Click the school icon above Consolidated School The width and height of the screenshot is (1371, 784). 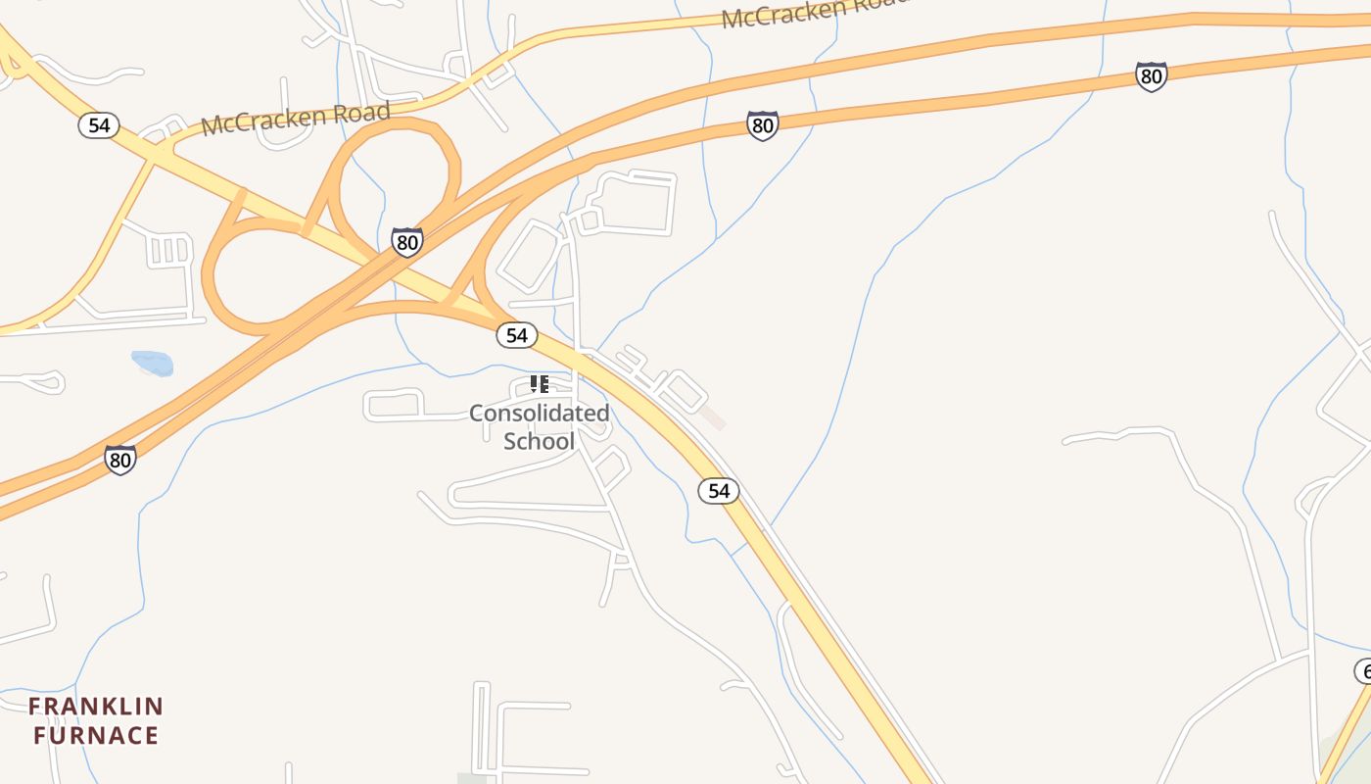click(x=539, y=383)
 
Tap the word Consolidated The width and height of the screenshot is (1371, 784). click(x=539, y=413)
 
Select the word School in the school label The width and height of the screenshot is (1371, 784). click(x=539, y=441)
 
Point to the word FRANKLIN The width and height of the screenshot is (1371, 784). click(x=95, y=707)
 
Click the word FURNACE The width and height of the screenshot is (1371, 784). click(x=95, y=735)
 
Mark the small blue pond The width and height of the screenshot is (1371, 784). click(x=153, y=364)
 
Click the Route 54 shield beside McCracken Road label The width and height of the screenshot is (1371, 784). click(x=99, y=125)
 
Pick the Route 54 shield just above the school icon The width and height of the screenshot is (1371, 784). click(x=516, y=335)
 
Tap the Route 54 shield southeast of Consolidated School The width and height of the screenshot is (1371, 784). click(x=719, y=490)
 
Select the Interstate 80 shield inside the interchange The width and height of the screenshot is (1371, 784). click(x=406, y=242)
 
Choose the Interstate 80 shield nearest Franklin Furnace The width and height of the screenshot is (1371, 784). click(x=120, y=459)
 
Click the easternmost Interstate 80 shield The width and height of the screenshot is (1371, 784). click(x=1152, y=76)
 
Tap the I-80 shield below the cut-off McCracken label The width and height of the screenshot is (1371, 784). click(x=762, y=124)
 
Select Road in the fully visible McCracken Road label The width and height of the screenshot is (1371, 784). click(x=365, y=111)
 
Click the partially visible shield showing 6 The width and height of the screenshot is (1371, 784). click(x=1363, y=671)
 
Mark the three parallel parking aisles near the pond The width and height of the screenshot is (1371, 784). click(x=170, y=250)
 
